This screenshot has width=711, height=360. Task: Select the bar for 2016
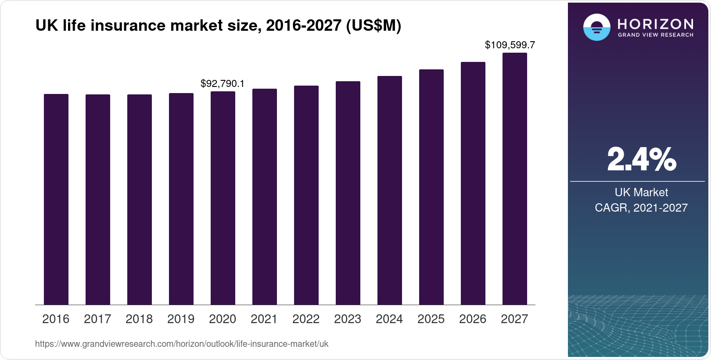pyautogui.click(x=56, y=199)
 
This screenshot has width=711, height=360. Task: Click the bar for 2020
pyautogui.click(x=223, y=198)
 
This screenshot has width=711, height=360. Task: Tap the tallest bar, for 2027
pyautogui.click(x=514, y=179)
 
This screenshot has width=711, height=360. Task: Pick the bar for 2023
pyautogui.click(x=348, y=193)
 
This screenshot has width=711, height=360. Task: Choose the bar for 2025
pyautogui.click(x=431, y=187)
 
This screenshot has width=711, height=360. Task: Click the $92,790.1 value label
pyautogui.click(x=223, y=83)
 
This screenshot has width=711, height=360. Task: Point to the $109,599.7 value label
pyautogui.click(x=510, y=45)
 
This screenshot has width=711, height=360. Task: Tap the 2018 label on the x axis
pyautogui.click(x=139, y=319)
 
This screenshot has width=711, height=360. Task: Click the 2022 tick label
pyautogui.click(x=306, y=319)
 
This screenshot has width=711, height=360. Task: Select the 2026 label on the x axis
pyautogui.click(x=473, y=319)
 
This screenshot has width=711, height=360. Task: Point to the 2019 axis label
pyautogui.click(x=181, y=319)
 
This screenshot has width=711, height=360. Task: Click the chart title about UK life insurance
pyautogui.click(x=218, y=26)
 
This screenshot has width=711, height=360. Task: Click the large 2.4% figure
pyautogui.click(x=641, y=159)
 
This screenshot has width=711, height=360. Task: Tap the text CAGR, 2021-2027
pyautogui.click(x=641, y=208)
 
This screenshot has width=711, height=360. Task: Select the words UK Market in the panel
pyautogui.click(x=641, y=192)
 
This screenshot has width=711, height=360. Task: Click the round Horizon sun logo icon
pyautogui.click(x=596, y=27)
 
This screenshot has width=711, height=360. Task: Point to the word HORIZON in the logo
pyautogui.click(x=655, y=24)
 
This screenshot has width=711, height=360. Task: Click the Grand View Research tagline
pyautogui.click(x=655, y=35)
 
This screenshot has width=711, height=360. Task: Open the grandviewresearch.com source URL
pyautogui.click(x=182, y=344)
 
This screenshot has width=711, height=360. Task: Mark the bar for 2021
pyautogui.click(x=265, y=197)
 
